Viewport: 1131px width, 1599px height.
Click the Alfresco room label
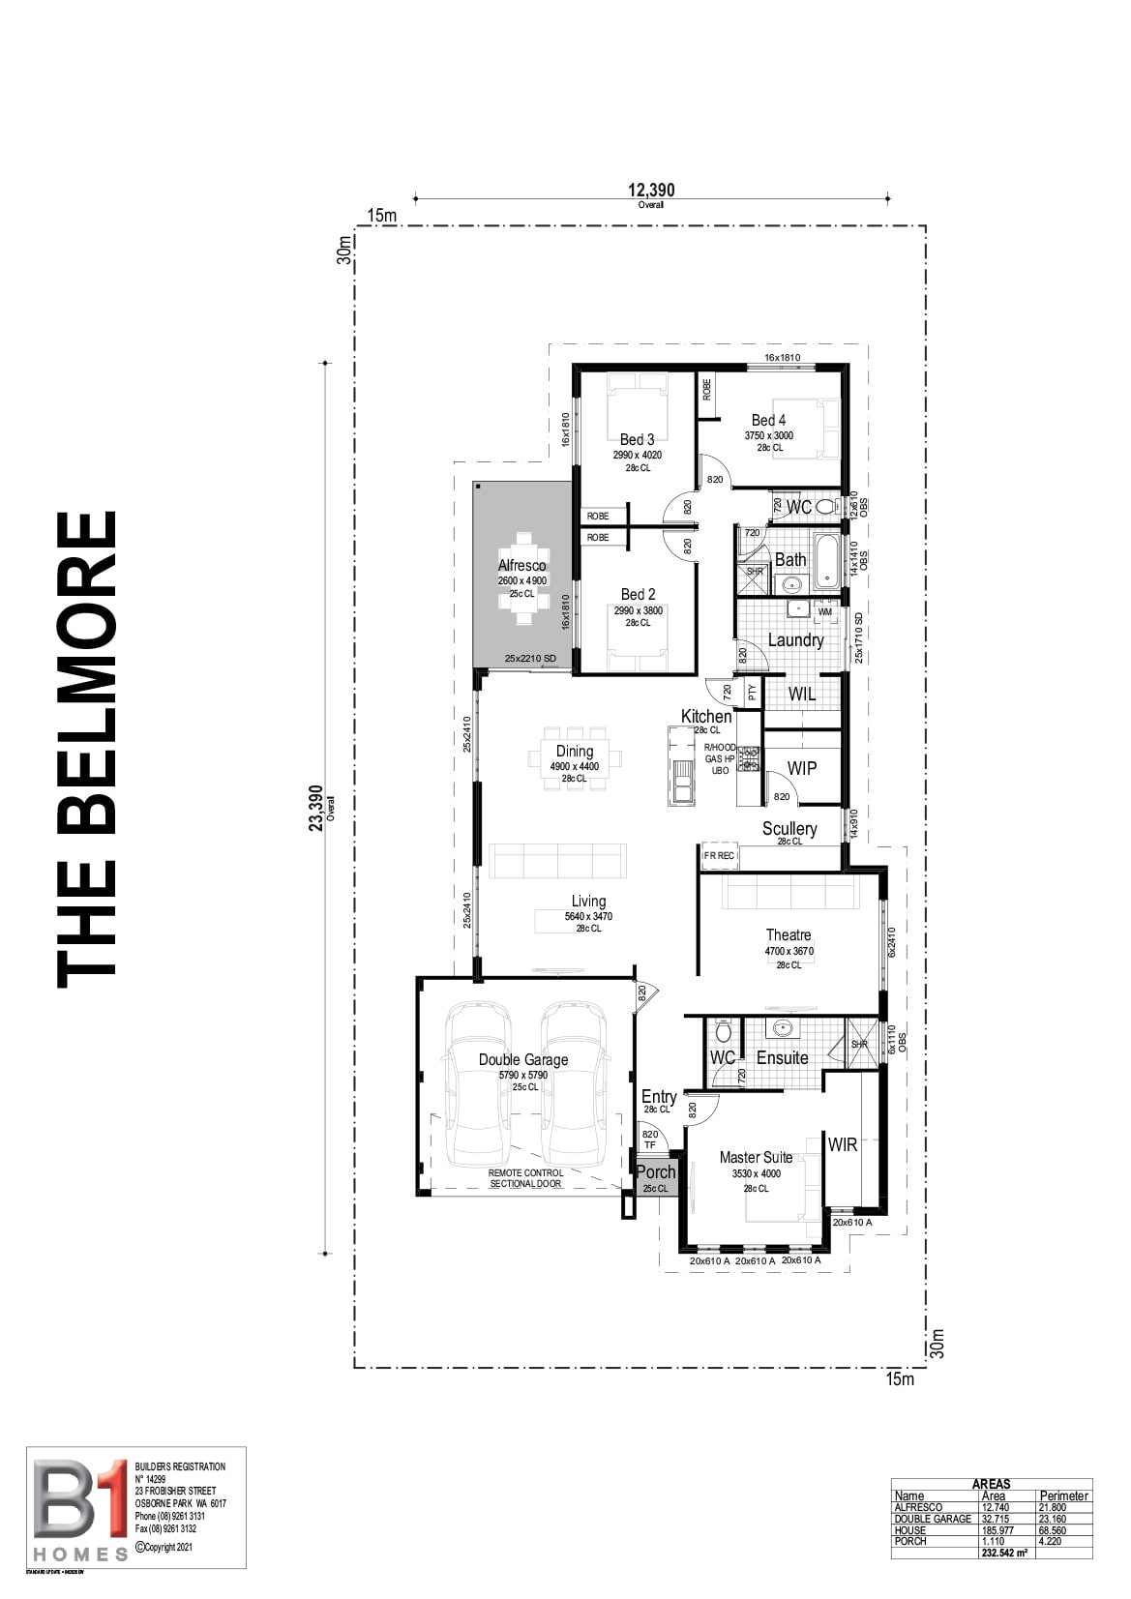[x=521, y=566]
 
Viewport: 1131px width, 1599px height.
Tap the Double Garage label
[x=523, y=1059]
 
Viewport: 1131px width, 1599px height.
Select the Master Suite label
[x=756, y=1157]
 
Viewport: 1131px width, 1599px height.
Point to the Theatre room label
[x=789, y=934]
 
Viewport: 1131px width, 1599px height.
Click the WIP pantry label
[x=802, y=768]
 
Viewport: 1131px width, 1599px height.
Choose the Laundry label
[x=795, y=639]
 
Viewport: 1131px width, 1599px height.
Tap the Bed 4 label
[x=768, y=420]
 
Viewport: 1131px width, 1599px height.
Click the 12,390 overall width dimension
[x=651, y=190]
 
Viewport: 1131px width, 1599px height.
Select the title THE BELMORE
[x=87, y=750]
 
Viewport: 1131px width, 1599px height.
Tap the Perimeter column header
[x=1064, y=1495]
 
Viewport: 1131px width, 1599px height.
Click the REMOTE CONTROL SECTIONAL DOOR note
[x=525, y=1178]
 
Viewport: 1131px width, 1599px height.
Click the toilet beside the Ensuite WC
[x=722, y=1032]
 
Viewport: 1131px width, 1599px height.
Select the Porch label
[x=655, y=1172]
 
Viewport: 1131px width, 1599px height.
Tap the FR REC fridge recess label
[x=719, y=856]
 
